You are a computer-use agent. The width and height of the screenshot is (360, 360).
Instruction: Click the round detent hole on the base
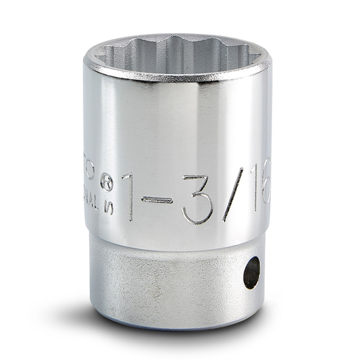pyautogui.click(x=251, y=273)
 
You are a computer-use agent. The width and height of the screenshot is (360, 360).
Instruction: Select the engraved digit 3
pyautogui.click(x=197, y=196)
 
